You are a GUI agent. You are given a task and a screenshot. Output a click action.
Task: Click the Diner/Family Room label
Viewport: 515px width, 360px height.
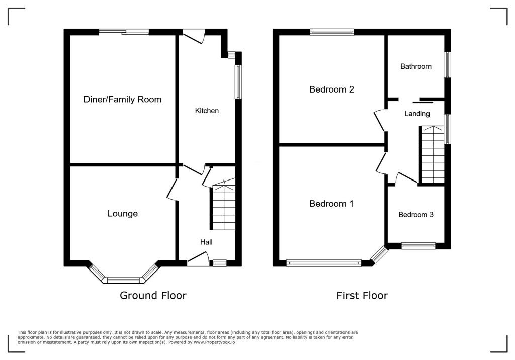point(122,100)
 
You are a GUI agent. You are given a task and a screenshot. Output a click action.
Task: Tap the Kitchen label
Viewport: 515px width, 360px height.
point(207,111)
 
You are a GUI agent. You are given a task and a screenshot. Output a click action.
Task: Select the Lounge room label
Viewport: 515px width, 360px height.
point(122,214)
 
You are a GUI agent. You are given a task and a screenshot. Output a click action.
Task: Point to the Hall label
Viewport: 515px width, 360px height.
point(206,242)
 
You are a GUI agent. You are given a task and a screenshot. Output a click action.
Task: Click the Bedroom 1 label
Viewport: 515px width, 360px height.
point(331,204)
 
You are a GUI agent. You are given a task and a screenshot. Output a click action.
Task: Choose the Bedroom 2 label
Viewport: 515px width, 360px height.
point(331,89)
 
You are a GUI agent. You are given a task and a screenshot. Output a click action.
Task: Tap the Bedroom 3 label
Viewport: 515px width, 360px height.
point(416,215)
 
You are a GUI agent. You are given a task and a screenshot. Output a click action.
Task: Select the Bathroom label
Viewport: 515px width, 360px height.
point(416,66)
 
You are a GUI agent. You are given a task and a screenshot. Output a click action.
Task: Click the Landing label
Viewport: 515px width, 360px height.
point(417,114)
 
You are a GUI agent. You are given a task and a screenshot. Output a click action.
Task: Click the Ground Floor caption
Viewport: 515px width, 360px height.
point(153,296)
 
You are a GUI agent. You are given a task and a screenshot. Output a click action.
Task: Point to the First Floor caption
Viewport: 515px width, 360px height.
point(362,296)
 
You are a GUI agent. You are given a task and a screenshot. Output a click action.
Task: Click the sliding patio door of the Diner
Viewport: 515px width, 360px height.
point(124,32)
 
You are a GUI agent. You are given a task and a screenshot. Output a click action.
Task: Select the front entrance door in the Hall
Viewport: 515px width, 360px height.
point(198,260)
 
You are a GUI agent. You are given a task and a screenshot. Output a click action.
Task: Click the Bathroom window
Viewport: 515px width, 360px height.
point(447,64)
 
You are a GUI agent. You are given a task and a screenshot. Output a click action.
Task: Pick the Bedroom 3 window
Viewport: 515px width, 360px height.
point(418,246)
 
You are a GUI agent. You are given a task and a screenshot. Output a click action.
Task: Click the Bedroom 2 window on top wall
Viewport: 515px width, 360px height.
point(332,32)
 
